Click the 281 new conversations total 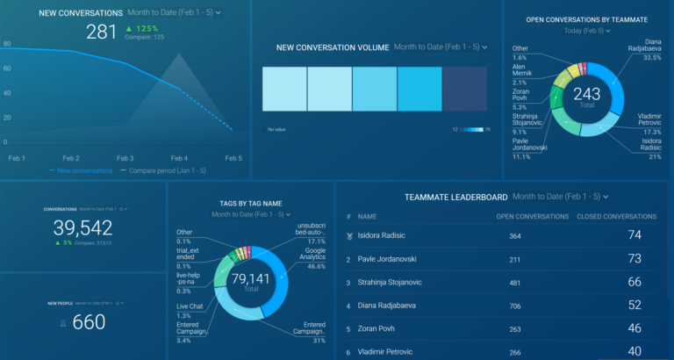tap(101, 32)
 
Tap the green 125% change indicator tap(137, 29)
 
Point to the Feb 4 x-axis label tap(179, 157)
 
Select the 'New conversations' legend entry tap(84, 170)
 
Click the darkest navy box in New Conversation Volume tap(464, 89)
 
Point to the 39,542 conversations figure tap(83, 228)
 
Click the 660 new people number tap(89, 322)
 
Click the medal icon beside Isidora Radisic tap(349, 236)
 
